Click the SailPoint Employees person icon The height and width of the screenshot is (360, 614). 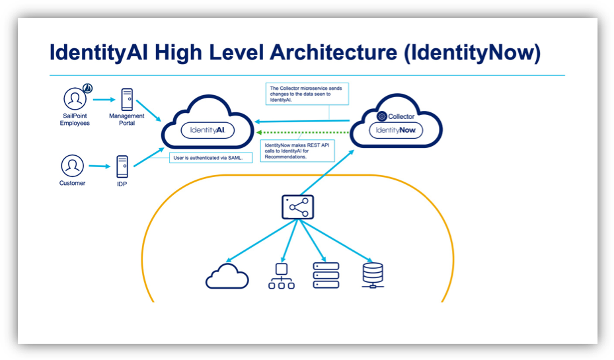[x=75, y=99]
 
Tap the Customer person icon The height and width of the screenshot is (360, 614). [x=72, y=165]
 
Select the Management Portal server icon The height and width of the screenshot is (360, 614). [x=127, y=100]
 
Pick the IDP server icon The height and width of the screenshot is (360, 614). [x=122, y=166]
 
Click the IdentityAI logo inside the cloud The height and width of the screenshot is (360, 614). [x=208, y=130]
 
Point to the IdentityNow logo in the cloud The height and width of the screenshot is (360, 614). [x=395, y=130]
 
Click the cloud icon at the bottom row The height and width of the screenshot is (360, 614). [x=227, y=275]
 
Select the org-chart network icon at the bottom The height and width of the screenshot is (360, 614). [x=282, y=275]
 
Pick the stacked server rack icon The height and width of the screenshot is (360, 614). [x=326, y=275]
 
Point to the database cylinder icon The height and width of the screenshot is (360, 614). [x=373, y=275]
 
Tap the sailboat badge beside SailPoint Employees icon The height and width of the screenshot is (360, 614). [x=88, y=88]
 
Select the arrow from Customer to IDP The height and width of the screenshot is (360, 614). [x=98, y=166]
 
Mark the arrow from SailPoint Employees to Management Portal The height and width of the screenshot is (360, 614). [x=104, y=100]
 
